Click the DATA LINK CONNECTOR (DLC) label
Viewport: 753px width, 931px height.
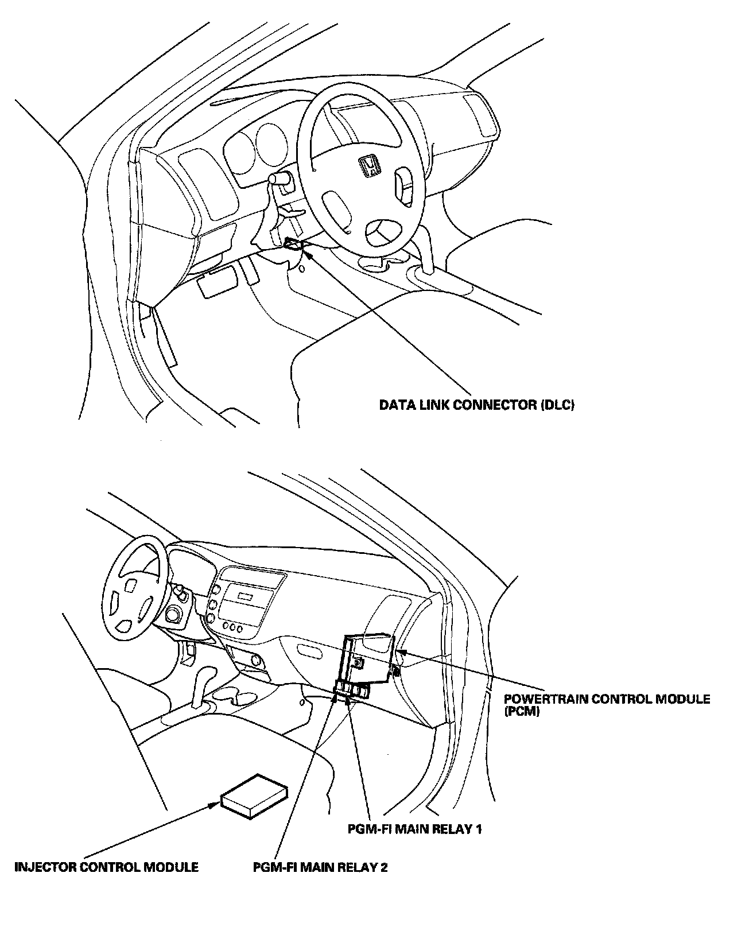click(x=477, y=405)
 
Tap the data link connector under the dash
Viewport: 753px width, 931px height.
click(x=293, y=245)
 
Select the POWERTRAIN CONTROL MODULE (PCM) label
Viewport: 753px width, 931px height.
click(x=607, y=705)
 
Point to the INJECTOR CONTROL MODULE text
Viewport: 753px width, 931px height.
click(x=107, y=867)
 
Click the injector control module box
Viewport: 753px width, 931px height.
click(x=255, y=797)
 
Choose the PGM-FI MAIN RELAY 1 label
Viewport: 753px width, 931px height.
click(x=415, y=829)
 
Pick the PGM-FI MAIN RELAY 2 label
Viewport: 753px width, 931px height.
click(x=320, y=867)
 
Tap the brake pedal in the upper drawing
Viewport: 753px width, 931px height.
click(x=216, y=284)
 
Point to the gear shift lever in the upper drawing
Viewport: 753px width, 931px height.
click(x=426, y=247)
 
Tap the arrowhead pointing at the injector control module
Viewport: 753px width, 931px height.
click(x=216, y=803)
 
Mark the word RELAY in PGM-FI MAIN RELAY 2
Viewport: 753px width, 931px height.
click(x=356, y=867)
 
